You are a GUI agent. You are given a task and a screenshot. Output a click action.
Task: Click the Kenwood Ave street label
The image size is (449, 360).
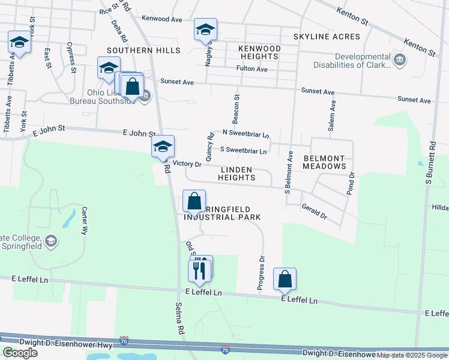click(x=162, y=19)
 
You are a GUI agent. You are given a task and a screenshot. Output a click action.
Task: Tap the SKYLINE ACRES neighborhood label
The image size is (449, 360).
click(x=327, y=37)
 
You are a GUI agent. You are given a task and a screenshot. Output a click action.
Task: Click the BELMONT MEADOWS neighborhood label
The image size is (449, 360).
click(x=325, y=161)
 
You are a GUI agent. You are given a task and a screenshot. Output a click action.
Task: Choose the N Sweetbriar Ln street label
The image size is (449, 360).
click(x=246, y=133)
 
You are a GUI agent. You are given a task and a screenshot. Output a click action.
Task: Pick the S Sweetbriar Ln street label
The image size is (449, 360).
click(x=243, y=151)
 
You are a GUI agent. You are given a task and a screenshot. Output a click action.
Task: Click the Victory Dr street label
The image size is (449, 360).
click(x=187, y=163)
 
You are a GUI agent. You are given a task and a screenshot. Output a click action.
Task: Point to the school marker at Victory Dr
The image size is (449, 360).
click(x=163, y=146)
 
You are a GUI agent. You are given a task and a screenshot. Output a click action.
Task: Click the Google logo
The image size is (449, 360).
click(x=20, y=353)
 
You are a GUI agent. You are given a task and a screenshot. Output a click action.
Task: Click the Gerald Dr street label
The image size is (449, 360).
click(x=314, y=211)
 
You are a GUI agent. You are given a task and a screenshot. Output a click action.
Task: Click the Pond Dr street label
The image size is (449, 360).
click(x=352, y=182)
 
